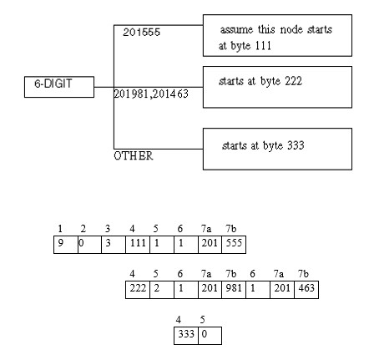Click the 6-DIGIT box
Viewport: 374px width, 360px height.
pyautogui.click(x=59, y=87)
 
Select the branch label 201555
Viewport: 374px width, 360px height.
pyautogui.click(x=141, y=33)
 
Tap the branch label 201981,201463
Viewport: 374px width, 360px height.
pyautogui.click(x=151, y=94)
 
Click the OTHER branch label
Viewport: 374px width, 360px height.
pyautogui.click(x=134, y=155)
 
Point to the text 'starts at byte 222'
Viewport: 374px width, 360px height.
pyautogui.click(x=260, y=81)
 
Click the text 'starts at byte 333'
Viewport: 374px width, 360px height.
pyautogui.click(x=263, y=145)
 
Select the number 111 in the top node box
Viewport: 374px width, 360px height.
pyautogui.click(x=263, y=45)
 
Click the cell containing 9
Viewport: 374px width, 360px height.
pyautogui.click(x=66, y=245)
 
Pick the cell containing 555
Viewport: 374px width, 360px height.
pyautogui.click(x=234, y=245)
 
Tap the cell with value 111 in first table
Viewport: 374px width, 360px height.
pyautogui.click(x=138, y=245)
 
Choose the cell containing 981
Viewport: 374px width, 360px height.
pyautogui.click(x=234, y=290)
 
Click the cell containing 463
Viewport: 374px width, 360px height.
pyautogui.click(x=306, y=290)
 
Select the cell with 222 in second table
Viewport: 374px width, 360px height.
pyautogui.click(x=138, y=290)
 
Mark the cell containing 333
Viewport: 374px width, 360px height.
pyautogui.click(x=186, y=336)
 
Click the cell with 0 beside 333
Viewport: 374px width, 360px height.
pyautogui.click(x=210, y=336)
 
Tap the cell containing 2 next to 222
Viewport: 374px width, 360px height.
pyautogui.click(x=162, y=290)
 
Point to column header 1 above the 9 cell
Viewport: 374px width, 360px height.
pyautogui.click(x=60, y=229)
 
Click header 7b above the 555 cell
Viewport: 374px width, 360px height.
pyautogui.click(x=230, y=229)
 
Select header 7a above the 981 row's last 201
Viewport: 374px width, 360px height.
pyautogui.click(x=279, y=274)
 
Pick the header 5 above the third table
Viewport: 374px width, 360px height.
pyautogui.click(x=202, y=319)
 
